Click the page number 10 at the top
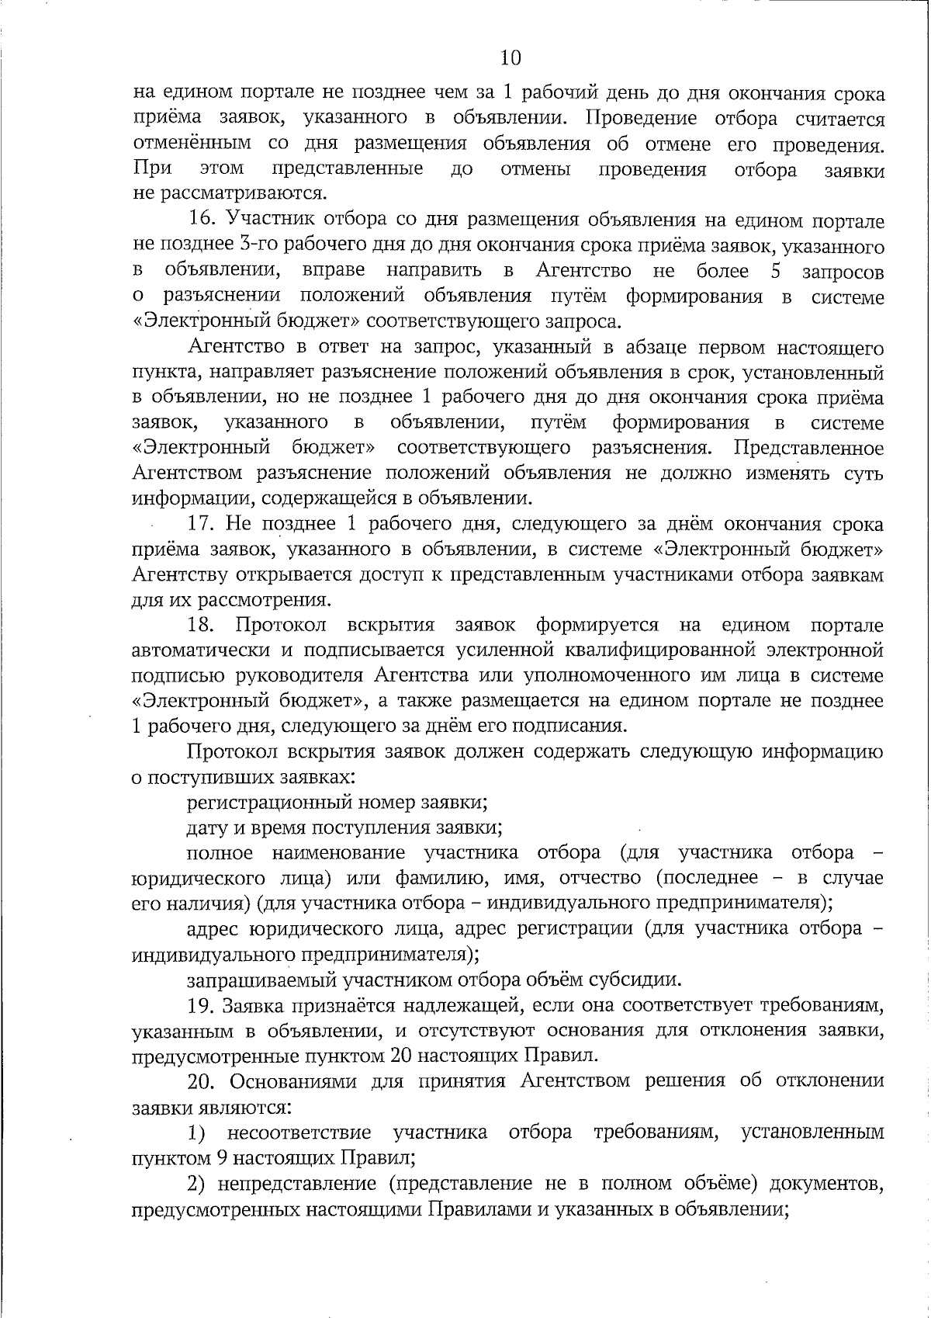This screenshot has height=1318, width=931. click(510, 58)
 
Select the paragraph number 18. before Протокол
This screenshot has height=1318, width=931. click(203, 626)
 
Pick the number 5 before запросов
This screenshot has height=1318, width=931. click(784, 272)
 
